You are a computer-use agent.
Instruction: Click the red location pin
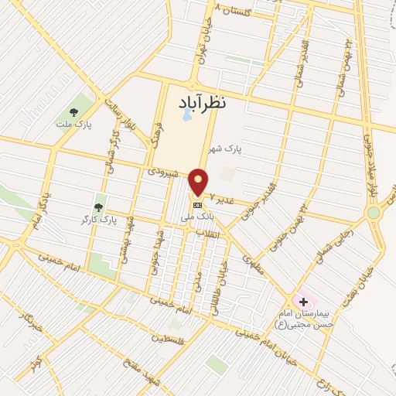pyautogui.click(x=199, y=181)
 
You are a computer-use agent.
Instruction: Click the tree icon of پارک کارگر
pyautogui.click(x=98, y=207)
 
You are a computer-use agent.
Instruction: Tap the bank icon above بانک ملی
pyautogui.click(x=198, y=205)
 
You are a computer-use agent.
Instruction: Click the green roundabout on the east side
pyautogui.click(x=374, y=212)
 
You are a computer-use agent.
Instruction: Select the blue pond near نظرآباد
pyautogui.click(x=187, y=117)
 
